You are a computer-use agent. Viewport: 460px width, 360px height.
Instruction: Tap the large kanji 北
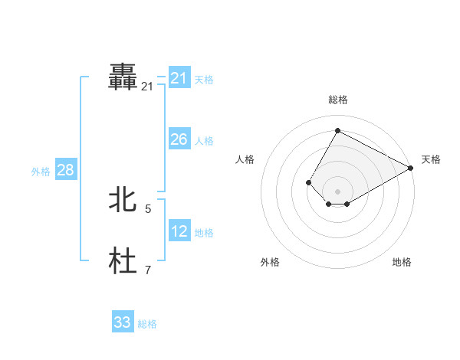click(x=123, y=200)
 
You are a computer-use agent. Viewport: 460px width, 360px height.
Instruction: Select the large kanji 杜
click(x=123, y=261)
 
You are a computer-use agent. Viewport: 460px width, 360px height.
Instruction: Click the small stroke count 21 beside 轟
click(x=147, y=87)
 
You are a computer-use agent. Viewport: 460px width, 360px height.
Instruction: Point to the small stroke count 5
click(x=148, y=208)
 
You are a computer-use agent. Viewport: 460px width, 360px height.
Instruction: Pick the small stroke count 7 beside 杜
click(x=148, y=270)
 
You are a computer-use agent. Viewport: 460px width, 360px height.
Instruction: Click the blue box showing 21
click(x=179, y=78)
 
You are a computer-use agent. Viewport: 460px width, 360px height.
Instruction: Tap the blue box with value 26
click(x=179, y=139)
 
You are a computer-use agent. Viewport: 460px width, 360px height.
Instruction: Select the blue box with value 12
click(x=179, y=231)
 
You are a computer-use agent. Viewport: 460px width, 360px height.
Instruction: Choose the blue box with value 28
click(x=65, y=170)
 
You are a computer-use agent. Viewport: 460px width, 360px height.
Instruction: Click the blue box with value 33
click(x=123, y=322)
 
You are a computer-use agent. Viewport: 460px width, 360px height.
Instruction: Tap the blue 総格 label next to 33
click(x=147, y=324)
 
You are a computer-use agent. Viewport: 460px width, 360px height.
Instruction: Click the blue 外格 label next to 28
click(x=41, y=172)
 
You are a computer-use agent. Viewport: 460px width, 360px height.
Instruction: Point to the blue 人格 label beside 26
click(x=204, y=141)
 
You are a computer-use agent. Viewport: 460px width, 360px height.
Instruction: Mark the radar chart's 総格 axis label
click(x=338, y=100)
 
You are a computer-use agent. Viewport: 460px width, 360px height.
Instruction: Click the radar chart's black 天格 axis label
click(x=431, y=159)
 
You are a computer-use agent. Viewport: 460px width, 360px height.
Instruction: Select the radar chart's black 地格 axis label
click(x=402, y=262)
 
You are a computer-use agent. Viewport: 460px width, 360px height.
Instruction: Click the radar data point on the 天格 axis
click(x=411, y=168)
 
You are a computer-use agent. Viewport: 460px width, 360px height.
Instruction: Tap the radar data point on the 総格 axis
click(x=337, y=130)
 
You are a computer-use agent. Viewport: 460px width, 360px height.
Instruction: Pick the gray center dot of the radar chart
click(x=337, y=191)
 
